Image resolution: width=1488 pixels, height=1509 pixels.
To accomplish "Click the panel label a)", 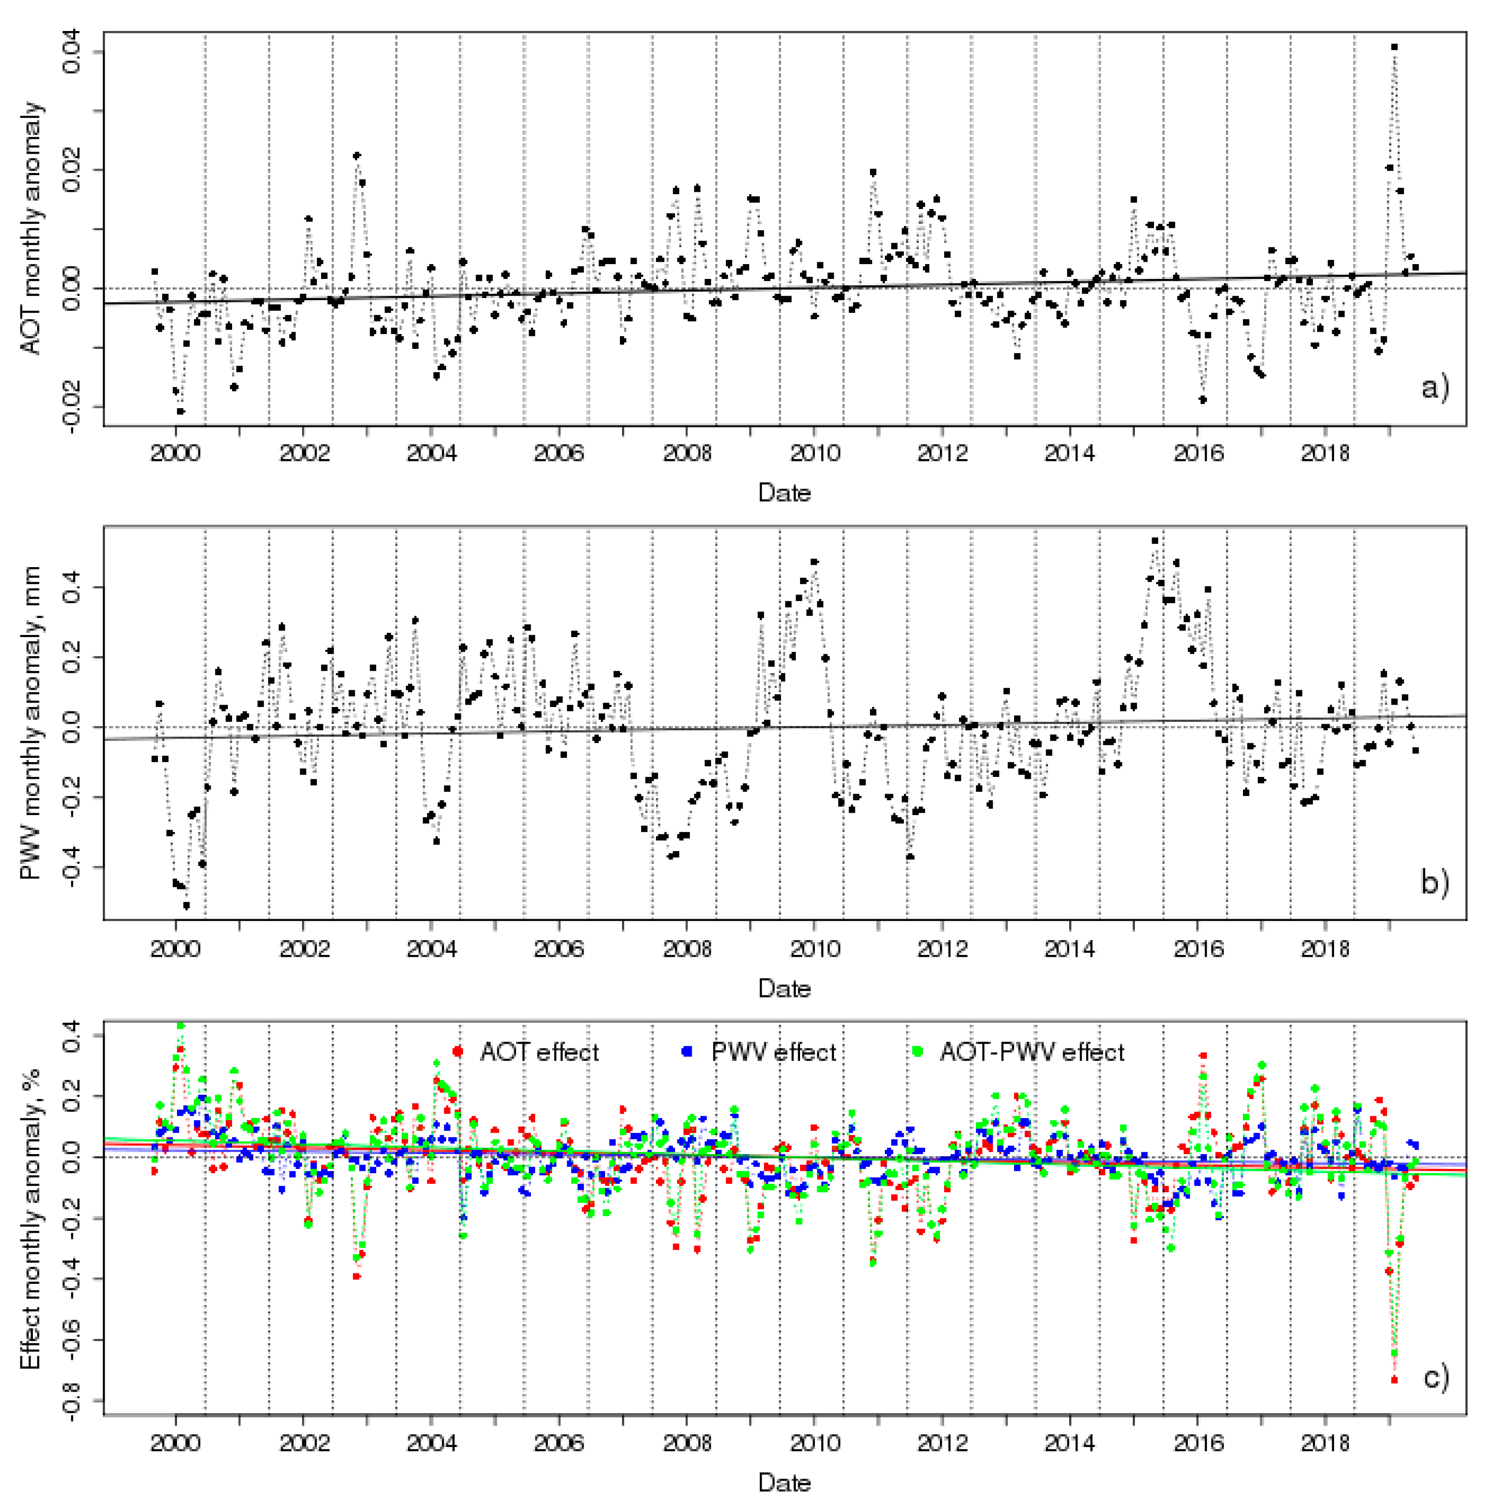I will click(1435, 386).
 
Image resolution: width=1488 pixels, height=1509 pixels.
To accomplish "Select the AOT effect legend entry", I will click(539, 1052).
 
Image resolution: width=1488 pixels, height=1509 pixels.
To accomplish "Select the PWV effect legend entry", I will click(773, 1052).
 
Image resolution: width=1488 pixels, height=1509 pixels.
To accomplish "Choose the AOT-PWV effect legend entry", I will click(1031, 1052).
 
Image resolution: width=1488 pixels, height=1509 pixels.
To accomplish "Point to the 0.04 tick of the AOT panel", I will click(72, 52).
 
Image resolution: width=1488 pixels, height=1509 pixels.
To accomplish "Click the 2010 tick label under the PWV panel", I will click(815, 949).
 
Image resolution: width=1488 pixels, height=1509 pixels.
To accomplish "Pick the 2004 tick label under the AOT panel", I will click(431, 454).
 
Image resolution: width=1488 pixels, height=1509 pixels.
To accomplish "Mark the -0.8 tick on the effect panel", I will click(72, 1400).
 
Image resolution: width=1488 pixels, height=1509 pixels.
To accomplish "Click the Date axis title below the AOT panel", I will click(784, 493).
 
